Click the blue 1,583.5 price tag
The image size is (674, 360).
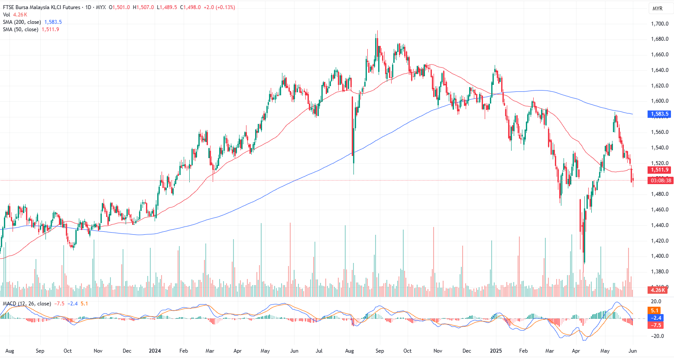click(x=660, y=114)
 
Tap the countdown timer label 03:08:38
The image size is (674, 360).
click(x=661, y=181)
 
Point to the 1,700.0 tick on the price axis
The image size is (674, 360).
click(x=660, y=24)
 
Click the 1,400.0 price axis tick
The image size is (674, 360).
click(x=660, y=256)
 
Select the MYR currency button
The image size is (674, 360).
click(x=657, y=9)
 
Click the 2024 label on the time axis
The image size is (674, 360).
click(x=155, y=351)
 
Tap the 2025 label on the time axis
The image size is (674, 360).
click(x=496, y=351)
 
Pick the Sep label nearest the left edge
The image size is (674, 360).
click(x=40, y=351)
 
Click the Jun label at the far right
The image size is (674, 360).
click(x=633, y=351)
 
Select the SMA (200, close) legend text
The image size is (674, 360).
click(x=22, y=22)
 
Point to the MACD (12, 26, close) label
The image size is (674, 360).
click(x=27, y=304)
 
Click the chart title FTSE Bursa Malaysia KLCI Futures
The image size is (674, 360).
click(x=42, y=7)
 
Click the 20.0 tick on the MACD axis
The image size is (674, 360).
click(x=656, y=302)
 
